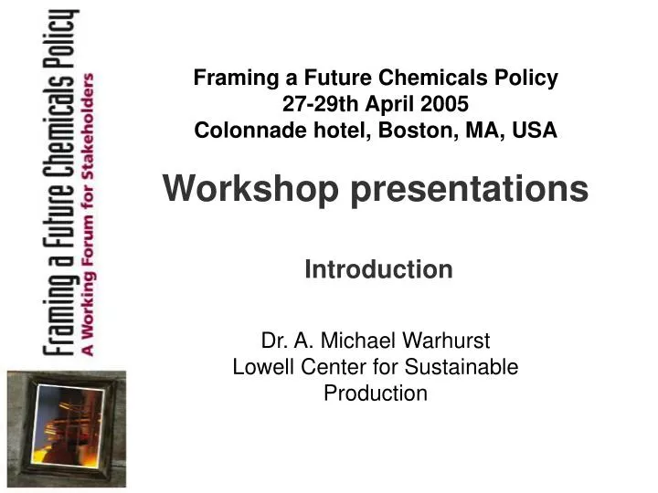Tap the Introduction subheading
[378, 269]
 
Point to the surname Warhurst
[448, 341]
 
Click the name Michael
[362, 341]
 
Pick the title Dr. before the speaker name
[273, 341]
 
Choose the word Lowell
[260, 367]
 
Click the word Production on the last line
[376, 393]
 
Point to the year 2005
[445, 104]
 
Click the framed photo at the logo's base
[66, 427]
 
